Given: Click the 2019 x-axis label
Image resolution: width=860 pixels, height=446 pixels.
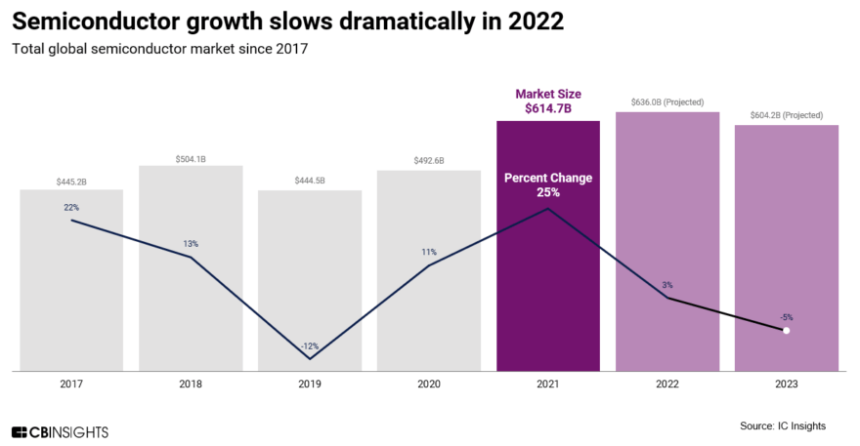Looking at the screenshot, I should click(310, 385).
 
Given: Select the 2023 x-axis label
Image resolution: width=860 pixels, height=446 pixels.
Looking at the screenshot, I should click(786, 385).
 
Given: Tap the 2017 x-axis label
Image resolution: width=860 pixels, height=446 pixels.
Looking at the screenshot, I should click(71, 385).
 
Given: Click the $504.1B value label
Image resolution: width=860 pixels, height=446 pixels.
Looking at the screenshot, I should click(191, 158).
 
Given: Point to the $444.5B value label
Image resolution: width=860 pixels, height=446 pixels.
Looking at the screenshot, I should click(310, 182).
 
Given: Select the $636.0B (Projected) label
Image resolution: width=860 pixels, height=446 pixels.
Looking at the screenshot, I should click(666, 102).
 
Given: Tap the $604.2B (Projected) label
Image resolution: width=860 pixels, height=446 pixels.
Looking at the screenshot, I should click(786, 115).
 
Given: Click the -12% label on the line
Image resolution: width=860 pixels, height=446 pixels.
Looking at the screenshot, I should click(310, 346).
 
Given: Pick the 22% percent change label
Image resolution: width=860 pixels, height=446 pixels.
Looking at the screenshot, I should click(71, 207).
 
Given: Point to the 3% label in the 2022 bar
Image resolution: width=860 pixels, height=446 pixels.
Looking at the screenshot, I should click(666, 285).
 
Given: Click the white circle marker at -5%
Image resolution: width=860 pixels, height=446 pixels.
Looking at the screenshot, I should click(786, 331).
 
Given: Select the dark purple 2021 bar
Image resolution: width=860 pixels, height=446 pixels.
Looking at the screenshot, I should click(547, 293).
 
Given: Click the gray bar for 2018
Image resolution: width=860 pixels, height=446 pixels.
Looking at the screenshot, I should click(191, 312).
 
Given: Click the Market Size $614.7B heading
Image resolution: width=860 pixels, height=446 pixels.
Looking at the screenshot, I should click(547, 101).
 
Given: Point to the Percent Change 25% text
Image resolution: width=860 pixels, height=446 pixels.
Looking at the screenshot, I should click(547, 185).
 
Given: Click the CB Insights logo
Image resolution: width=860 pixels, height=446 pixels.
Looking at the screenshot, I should click(60, 431).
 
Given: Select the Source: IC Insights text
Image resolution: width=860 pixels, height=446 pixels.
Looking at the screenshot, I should click(783, 426).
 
